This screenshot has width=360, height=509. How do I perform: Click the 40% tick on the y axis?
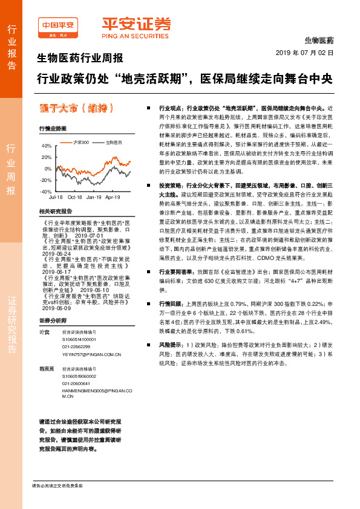click(x=47, y=146)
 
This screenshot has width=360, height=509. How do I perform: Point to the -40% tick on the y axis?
click(x=45, y=191)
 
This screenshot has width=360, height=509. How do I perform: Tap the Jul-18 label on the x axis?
click(x=56, y=197)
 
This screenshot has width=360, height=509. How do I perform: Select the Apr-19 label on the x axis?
click(x=113, y=197)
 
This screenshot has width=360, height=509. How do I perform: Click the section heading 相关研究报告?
click(x=55, y=212)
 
